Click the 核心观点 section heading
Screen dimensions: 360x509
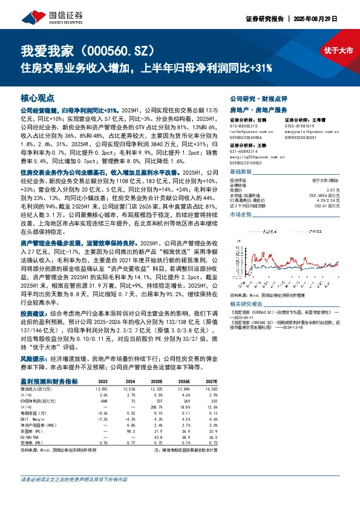[x=38, y=97]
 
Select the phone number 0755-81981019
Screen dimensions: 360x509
[x=299, y=126]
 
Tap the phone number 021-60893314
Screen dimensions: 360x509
[x=244, y=151]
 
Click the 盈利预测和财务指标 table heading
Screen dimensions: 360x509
[x=49, y=381]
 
